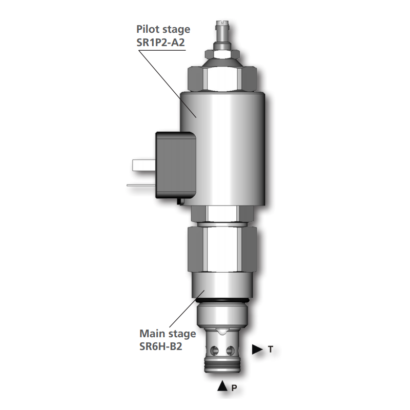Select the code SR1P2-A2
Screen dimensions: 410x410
point(161,43)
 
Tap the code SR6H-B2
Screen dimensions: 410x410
point(160,346)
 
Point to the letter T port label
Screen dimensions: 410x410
point(271,349)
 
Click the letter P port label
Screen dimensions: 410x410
point(234,388)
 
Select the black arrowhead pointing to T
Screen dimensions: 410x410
point(257,350)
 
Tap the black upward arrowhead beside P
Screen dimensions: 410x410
point(222,386)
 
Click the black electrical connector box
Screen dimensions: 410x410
point(176,165)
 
